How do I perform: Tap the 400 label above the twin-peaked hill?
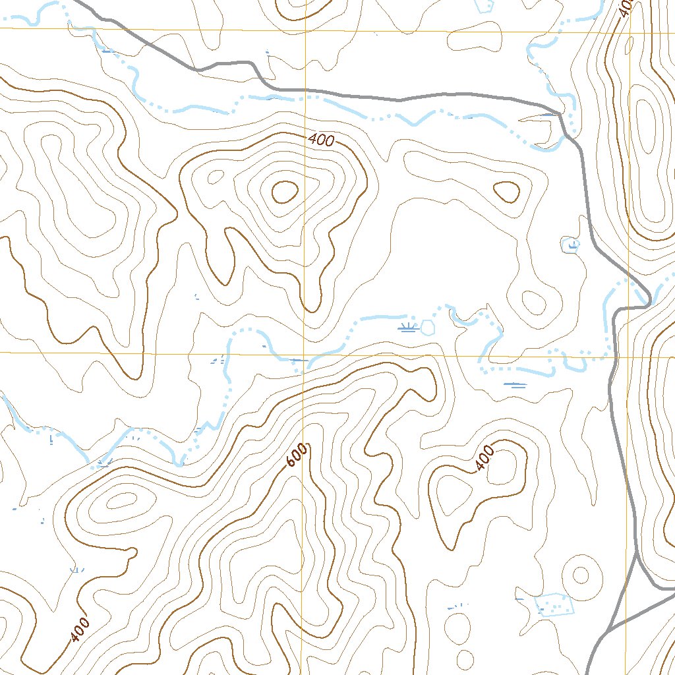tap(321, 140)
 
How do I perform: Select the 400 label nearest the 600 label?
tap(484, 458)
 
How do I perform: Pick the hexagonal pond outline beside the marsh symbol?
tap(428, 327)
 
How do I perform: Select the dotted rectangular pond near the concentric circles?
tap(553, 602)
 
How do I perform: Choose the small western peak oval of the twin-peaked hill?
tap(216, 177)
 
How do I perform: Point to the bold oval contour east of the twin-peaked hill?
tap(506, 192)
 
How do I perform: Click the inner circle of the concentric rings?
tap(580, 575)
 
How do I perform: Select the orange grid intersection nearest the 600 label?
tap(305, 354)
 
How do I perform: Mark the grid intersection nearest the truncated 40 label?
tap(630, 31)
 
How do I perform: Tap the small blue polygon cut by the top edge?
tap(484, 6)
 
